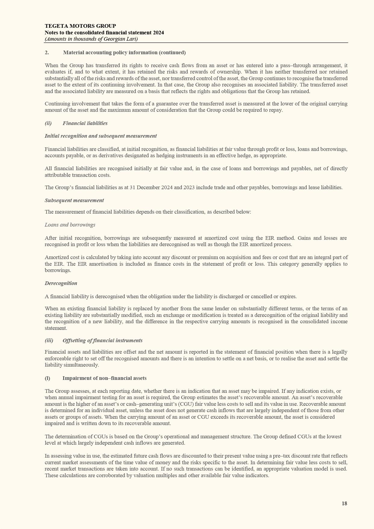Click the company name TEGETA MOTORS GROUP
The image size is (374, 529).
click(80, 26)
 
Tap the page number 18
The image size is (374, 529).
click(344, 503)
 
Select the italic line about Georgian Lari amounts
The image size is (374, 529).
click(91, 39)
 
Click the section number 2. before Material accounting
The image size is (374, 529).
click(47, 52)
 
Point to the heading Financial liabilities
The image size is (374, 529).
click(85, 123)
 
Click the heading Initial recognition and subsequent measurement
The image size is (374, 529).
click(101, 136)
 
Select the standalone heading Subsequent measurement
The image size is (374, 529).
click(74, 200)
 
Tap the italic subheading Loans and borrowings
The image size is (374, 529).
click(70, 225)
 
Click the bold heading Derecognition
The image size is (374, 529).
click(61, 283)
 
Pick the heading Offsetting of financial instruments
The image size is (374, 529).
click(102, 340)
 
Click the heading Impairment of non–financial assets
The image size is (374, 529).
click(104, 378)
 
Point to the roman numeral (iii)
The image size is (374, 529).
click(49, 340)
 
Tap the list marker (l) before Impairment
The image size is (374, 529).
click(47, 378)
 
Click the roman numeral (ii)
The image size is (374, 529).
click(48, 123)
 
